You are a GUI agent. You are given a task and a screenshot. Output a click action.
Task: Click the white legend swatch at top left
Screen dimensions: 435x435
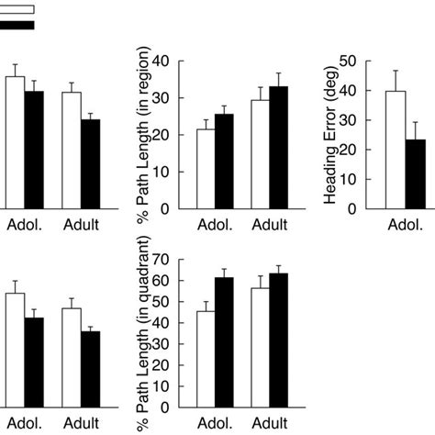[17, 9]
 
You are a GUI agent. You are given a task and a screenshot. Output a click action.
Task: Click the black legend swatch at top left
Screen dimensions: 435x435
[17, 25]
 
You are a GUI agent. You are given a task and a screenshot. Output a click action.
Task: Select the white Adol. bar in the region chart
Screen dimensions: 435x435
[206, 169]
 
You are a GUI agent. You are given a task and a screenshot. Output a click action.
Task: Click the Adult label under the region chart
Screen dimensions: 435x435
[269, 224]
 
